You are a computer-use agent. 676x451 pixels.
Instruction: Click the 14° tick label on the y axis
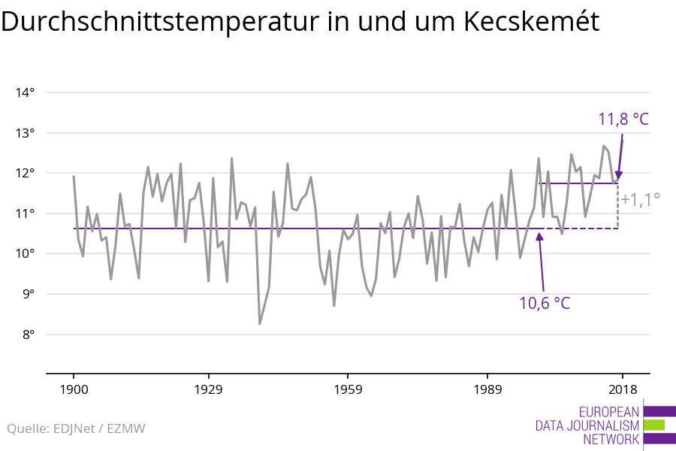(x=25, y=93)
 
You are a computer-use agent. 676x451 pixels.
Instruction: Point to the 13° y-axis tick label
(x=25, y=133)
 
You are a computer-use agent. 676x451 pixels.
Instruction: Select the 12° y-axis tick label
(x=25, y=174)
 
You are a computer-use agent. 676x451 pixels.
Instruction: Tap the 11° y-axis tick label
(x=25, y=213)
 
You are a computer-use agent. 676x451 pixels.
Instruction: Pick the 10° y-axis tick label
(x=25, y=253)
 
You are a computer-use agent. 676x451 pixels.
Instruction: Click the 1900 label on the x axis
(x=74, y=389)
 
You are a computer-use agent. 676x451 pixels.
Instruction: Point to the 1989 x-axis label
(x=487, y=389)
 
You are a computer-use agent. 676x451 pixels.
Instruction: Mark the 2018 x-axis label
(x=622, y=389)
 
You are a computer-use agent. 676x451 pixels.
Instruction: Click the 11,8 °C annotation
(x=623, y=119)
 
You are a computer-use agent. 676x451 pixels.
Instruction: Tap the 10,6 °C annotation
(x=545, y=303)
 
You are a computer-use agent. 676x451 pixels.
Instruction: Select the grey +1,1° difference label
(x=640, y=199)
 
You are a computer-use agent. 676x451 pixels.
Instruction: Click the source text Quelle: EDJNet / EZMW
(x=76, y=429)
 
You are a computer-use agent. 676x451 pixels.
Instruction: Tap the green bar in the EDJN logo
(x=653, y=425)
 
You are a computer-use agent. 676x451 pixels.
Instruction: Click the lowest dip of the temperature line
(x=260, y=324)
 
